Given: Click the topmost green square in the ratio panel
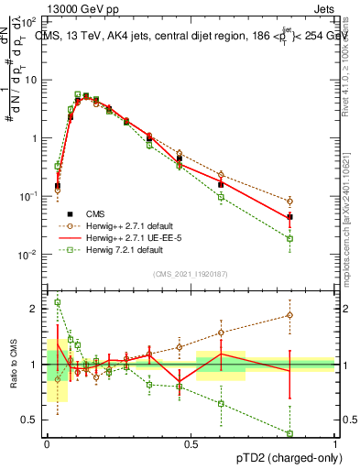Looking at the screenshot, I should click(58, 302).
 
